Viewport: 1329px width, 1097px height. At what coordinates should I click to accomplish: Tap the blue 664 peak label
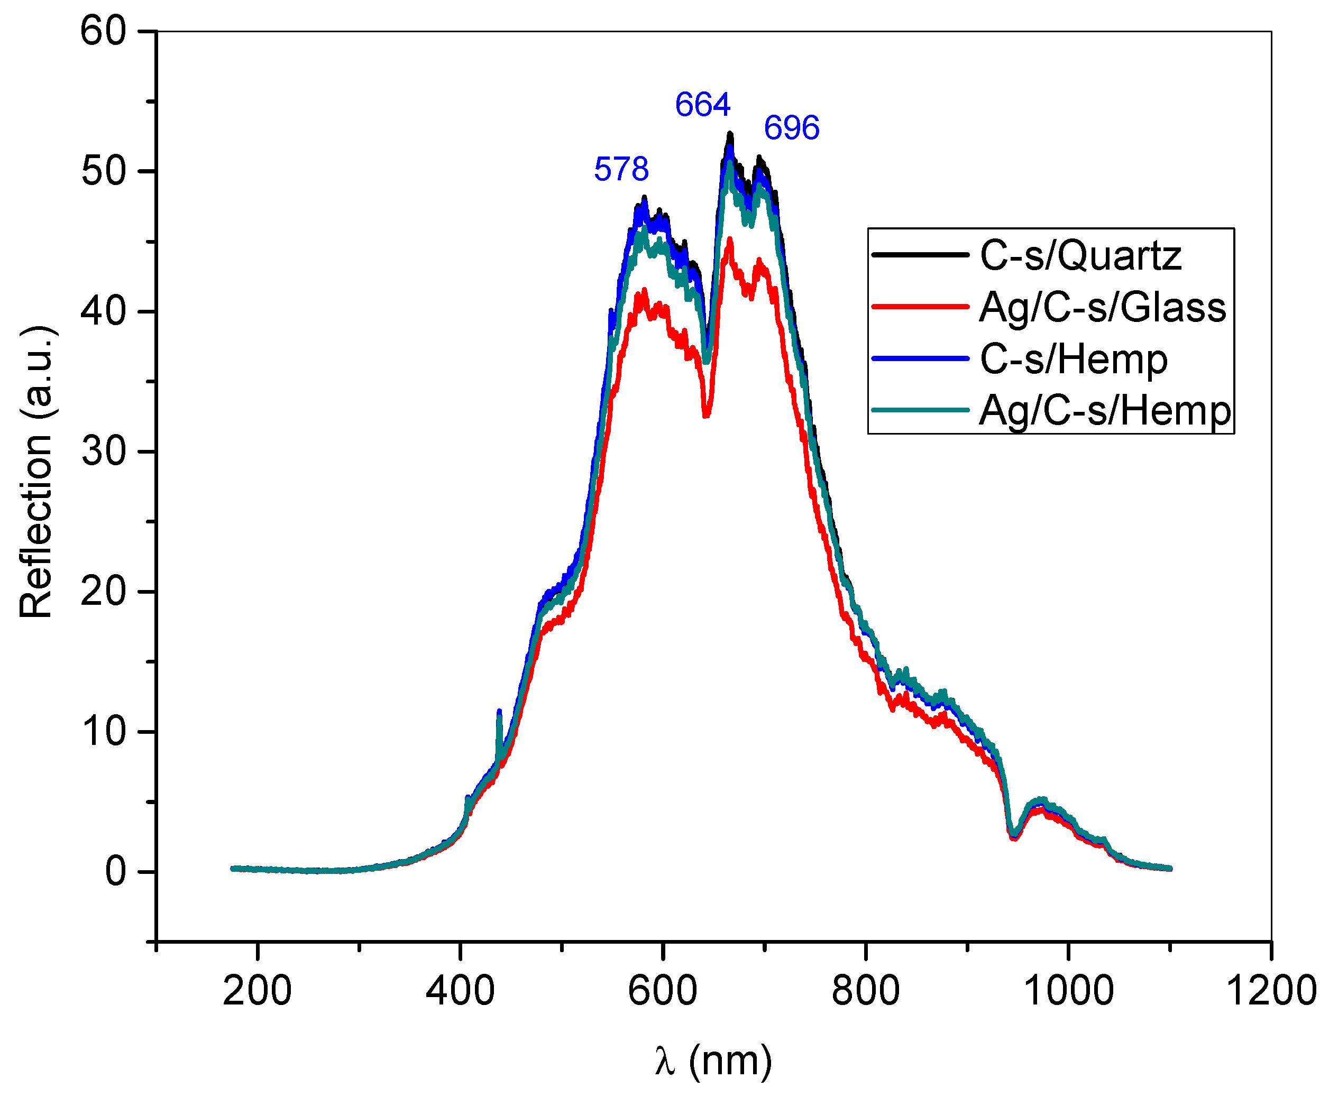click(x=702, y=104)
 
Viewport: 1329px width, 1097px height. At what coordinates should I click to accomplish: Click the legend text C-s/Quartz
click(x=1080, y=256)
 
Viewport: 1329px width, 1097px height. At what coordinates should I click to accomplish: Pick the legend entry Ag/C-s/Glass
click(x=1102, y=308)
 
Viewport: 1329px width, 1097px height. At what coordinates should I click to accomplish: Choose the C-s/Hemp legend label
click(x=1073, y=359)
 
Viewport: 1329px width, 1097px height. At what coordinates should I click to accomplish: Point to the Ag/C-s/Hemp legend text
click(x=1105, y=411)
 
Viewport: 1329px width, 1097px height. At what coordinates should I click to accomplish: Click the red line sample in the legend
click(x=920, y=307)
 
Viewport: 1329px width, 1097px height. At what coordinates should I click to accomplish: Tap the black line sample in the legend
click(x=920, y=255)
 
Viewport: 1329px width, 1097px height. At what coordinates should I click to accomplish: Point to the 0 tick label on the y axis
click(x=116, y=871)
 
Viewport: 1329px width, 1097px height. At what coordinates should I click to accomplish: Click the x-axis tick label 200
click(x=257, y=991)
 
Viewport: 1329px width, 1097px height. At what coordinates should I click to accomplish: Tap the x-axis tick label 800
click(x=865, y=991)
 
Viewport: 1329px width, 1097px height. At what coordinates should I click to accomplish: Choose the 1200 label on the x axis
click(x=1270, y=991)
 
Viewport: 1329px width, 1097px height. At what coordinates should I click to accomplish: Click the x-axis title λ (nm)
click(x=713, y=1061)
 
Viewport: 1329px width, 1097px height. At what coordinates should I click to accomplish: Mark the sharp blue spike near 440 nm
click(x=499, y=713)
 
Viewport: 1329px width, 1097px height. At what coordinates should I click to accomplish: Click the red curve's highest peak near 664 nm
click(x=730, y=240)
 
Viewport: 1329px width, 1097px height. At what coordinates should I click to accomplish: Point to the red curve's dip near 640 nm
click(x=707, y=414)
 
